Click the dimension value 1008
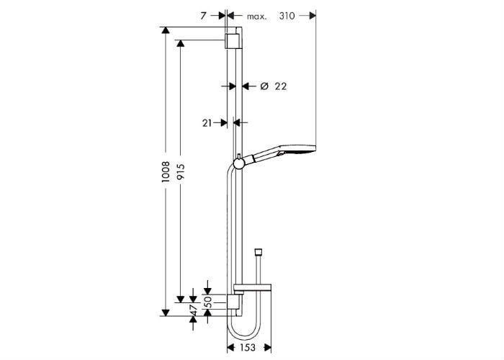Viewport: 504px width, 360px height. pos(166,172)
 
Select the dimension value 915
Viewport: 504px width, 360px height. pos(181,172)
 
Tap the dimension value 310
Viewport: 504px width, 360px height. pos(287,16)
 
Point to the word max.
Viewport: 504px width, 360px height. pos(256,17)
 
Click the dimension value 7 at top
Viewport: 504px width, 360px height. pos(203,16)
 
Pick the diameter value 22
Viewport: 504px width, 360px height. pos(281,86)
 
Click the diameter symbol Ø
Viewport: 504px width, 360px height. pos(264,86)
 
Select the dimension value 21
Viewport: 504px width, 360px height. pos(207,123)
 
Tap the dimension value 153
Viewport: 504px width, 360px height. pos(248,348)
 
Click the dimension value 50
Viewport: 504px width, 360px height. pos(208,302)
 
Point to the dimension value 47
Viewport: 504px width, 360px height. pos(194,310)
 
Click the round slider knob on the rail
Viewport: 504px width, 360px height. pos(239,163)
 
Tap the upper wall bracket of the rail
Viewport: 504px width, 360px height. pos(231,41)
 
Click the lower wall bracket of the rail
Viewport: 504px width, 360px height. pos(233,302)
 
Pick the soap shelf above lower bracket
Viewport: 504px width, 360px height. pos(253,289)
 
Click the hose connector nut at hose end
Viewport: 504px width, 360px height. pos(258,252)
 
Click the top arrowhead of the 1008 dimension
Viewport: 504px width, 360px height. pos(166,30)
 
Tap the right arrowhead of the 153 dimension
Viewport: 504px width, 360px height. pos(267,348)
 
